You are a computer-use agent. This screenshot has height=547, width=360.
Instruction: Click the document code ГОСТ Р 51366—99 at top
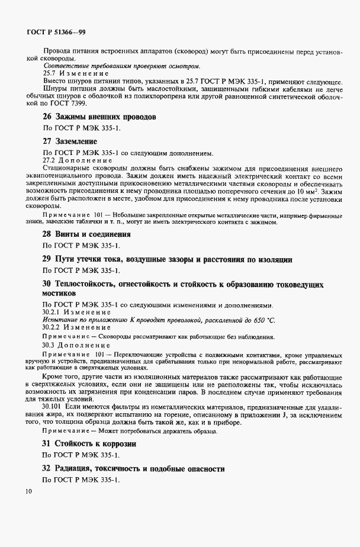tap(59, 32)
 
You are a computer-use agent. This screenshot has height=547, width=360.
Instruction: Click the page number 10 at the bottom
tap(28, 491)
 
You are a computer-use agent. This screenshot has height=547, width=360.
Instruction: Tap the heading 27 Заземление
tap(69, 142)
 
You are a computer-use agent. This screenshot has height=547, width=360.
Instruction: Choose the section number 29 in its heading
tap(46, 259)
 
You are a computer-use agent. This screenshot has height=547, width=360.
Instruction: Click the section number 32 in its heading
tap(46, 468)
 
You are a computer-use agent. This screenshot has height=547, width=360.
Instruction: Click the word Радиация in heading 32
tap(77, 468)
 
